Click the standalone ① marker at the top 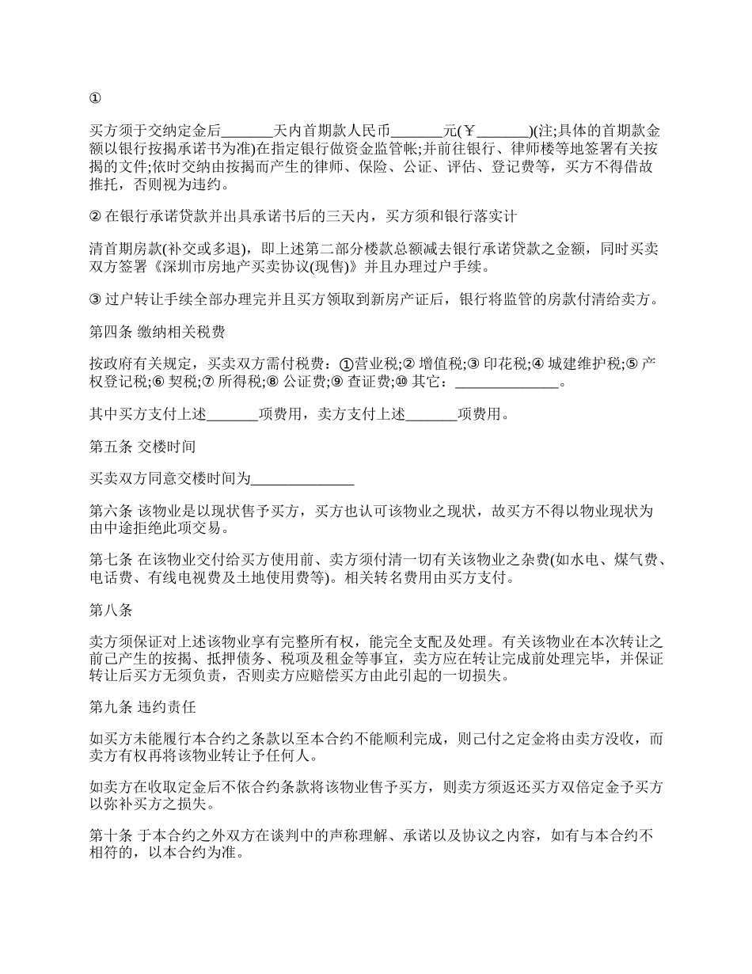95,99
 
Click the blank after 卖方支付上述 431,414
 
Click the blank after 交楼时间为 302,479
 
